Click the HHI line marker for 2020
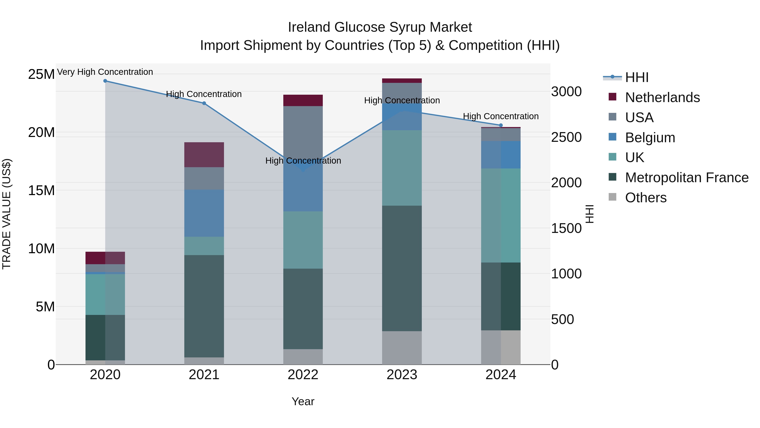(105, 81)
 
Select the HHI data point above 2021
(204, 103)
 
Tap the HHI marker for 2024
(501, 125)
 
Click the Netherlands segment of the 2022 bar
(303, 100)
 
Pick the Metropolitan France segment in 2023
(402, 268)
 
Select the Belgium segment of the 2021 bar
(204, 213)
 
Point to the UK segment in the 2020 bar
(105, 294)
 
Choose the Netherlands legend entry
(662, 97)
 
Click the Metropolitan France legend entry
(687, 178)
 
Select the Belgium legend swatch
(612, 137)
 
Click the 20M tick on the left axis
(41, 132)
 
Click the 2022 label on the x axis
(303, 375)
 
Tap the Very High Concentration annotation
(105, 72)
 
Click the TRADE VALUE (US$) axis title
(7, 214)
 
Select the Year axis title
(303, 401)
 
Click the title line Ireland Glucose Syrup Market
(380, 27)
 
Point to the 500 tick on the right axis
(562, 319)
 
